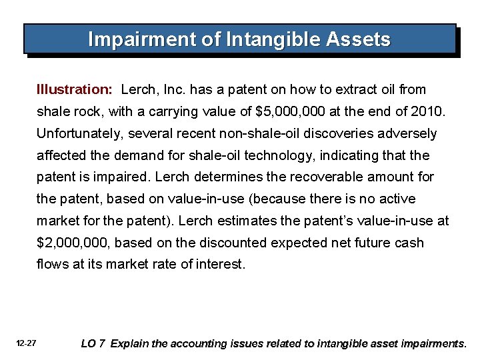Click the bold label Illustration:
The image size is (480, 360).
tap(75, 89)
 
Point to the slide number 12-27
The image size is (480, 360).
tap(27, 343)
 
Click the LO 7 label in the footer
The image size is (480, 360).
tap(93, 344)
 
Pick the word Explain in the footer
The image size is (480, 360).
tap(131, 344)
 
